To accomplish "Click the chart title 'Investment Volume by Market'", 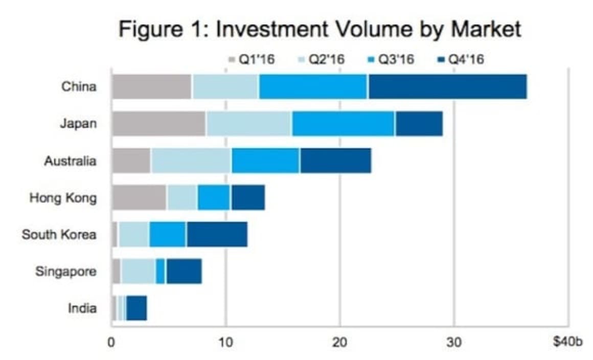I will pos(320,29).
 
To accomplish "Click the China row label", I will pos(79,86).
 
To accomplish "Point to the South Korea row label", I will pos(59,235).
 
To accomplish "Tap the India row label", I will pos(82,308).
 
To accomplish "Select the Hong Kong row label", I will pos(63,198).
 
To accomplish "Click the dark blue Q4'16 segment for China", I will pos(447,86).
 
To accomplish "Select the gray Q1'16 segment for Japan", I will pos(158,123).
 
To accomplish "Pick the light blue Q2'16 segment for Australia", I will pos(191,161).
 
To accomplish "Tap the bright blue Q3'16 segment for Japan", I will pos(344,123).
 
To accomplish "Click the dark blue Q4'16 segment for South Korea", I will pos(217,235).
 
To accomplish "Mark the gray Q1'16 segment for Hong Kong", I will pos(139,198).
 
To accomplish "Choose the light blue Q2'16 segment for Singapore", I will pos(139,272).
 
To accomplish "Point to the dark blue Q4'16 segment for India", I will pos(136,308).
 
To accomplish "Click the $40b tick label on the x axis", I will pos(567,342).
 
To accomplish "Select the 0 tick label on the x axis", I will pos(111,342).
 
